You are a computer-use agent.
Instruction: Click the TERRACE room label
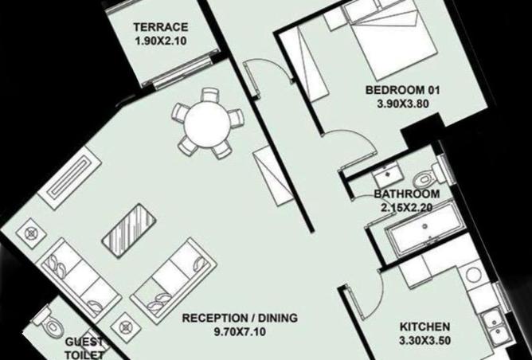[x=161, y=27]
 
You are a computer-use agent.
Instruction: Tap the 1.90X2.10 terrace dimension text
[x=161, y=41]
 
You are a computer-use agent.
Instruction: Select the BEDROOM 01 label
[x=402, y=90]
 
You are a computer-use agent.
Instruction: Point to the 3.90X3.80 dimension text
[x=403, y=104]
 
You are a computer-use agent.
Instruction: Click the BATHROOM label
[x=407, y=194]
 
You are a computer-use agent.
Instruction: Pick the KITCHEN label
[x=424, y=327]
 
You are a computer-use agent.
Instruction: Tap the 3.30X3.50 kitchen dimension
[x=424, y=340]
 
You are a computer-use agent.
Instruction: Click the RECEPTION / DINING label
[x=240, y=318]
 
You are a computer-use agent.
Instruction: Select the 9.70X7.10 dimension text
[x=240, y=331]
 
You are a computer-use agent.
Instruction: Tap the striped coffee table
[x=129, y=231]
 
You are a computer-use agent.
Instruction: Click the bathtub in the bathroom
[x=424, y=227]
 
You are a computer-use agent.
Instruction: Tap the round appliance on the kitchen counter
[x=474, y=274]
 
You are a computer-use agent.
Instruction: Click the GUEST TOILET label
[x=84, y=349]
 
